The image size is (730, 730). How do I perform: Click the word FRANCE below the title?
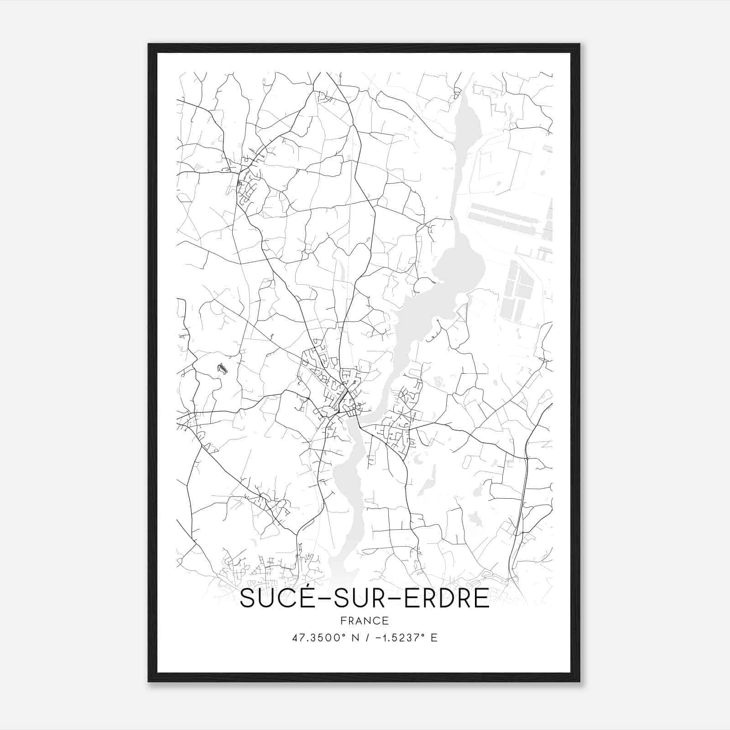pyautogui.click(x=365, y=620)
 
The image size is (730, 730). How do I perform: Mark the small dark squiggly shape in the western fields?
pyautogui.click(x=222, y=369)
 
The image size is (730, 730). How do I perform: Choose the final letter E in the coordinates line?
pyautogui.click(x=434, y=638)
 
